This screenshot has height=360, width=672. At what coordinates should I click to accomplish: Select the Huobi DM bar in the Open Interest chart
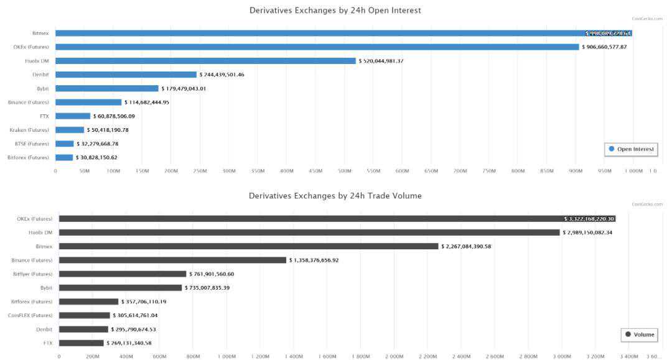coord(205,61)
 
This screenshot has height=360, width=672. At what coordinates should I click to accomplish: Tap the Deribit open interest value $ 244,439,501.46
coord(230,75)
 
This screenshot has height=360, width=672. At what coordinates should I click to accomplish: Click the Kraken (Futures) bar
coord(70,130)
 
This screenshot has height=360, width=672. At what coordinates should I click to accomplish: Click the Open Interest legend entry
coord(631,149)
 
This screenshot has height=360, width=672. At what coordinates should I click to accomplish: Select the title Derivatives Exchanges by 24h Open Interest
coord(335,10)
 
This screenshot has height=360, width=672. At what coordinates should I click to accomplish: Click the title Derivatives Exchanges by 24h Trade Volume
coord(335,195)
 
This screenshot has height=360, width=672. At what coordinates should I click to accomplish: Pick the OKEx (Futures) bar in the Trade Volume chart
coord(336,219)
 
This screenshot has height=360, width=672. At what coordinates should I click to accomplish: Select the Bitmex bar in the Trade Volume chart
coord(249,246)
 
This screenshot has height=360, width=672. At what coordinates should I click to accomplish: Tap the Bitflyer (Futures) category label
coord(33,274)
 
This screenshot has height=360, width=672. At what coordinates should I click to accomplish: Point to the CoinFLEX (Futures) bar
coord(84,315)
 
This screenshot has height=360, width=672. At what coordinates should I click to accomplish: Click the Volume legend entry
coord(640,335)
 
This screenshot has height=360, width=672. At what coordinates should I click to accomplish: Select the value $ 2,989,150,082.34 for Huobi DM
coord(596,233)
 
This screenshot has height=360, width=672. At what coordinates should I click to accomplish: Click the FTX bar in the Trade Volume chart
coord(81,343)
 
